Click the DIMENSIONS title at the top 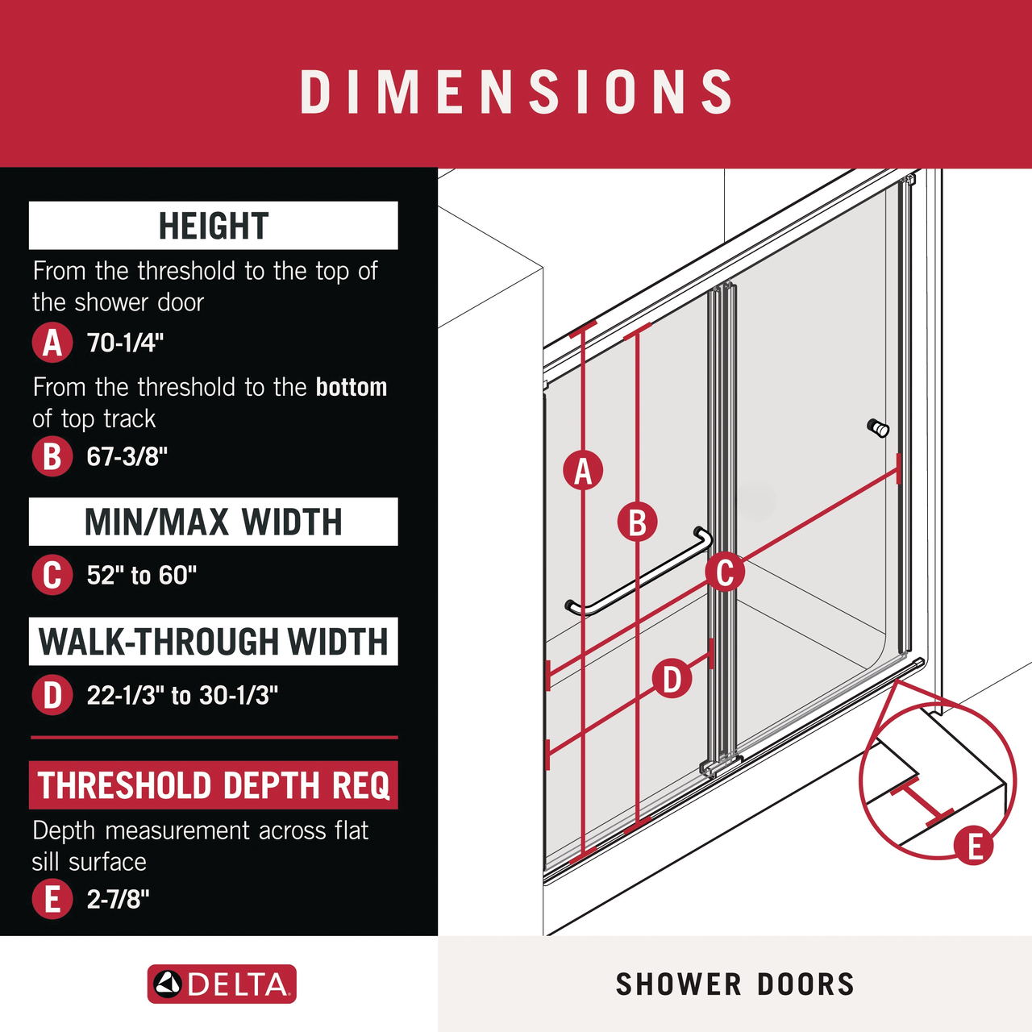pyautogui.click(x=516, y=91)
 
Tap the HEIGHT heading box pyautogui.click(x=214, y=226)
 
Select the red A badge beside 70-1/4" pyautogui.click(x=52, y=343)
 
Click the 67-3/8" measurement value pyautogui.click(x=127, y=456)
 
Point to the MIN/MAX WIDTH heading pyautogui.click(x=214, y=522)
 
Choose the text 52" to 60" pyautogui.click(x=142, y=575)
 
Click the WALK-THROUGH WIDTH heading pyautogui.click(x=214, y=642)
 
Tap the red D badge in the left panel pyautogui.click(x=52, y=695)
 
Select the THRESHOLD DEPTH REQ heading pyautogui.click(x=214, y=785)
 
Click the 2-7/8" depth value pyautogui.click(x=119, y=899)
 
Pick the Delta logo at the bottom pyautogui.click(x=222, y=984)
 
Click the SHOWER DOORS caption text pyautogui.click(x=734, y=984)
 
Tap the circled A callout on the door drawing pyautogui.click(x=583, y=471)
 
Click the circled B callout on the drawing pyautogui.click(x=637, y=522)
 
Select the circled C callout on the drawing pyautogui.click(x=725, y=572)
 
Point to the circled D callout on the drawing pyautogui.click(x=672, y=679)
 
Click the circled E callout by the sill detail pyautogui.click(x=974, y=847)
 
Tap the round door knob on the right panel pyautogui.click(x=878, y=428)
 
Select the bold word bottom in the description pyautogui.click(x=352, y=387)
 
